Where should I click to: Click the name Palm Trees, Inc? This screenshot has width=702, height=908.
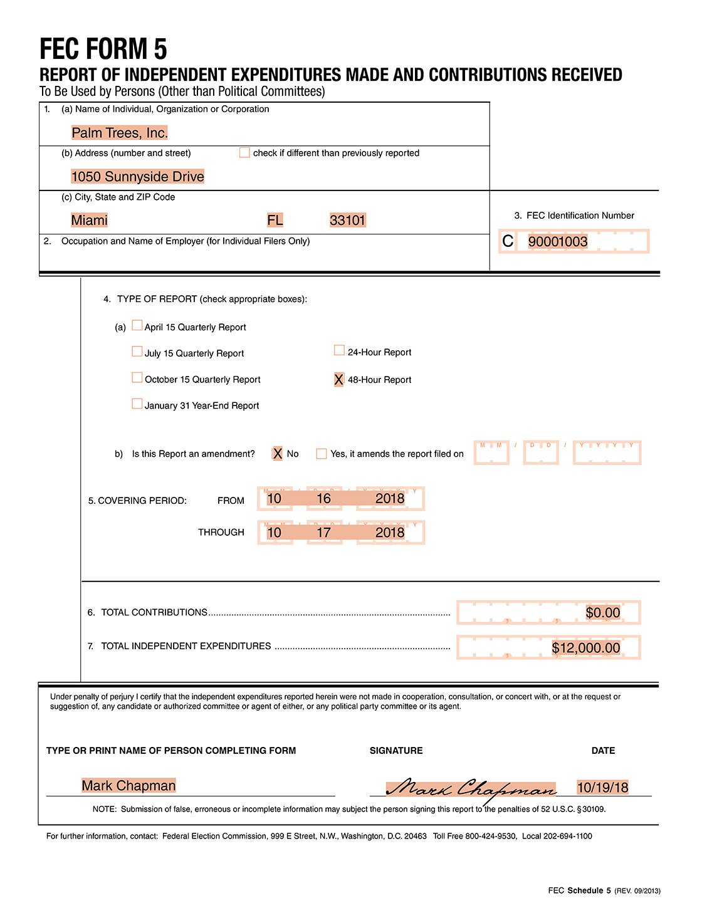tap(120, 133)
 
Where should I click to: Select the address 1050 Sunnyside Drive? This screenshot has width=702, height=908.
tap(138, 177)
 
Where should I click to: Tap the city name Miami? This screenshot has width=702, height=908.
tap(90, 221)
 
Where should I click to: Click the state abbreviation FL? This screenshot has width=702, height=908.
tap(275, 221)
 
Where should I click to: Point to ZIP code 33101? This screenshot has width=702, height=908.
tap(348, 221)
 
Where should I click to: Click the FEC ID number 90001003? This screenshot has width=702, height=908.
tap(558, 242)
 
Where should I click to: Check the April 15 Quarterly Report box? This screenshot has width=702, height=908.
tap(137, 326)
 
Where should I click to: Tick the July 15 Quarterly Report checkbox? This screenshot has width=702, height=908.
tap(137, 352)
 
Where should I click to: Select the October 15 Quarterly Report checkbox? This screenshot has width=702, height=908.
tap(137, 378)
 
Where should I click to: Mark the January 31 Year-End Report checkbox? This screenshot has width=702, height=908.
tap(137, 404)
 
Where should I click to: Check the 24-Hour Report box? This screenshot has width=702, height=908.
tap(340, 351)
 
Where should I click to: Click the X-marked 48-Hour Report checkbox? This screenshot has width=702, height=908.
tap(339, 380)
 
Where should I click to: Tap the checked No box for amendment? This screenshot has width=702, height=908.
tap(278, 454)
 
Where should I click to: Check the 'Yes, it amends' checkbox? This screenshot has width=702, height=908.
tap(322, 454)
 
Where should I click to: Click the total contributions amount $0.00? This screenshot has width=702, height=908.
tap(603, 613)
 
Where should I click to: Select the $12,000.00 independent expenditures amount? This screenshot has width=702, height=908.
tap(586, 648)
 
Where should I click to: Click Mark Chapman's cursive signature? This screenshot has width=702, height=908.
tap(471, 788)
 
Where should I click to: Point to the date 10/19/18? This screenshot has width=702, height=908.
tap(603, 788)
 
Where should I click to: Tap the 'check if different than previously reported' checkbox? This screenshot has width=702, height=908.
tap(244, 152)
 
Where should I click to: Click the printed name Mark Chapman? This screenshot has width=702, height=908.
tap(129, 786)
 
